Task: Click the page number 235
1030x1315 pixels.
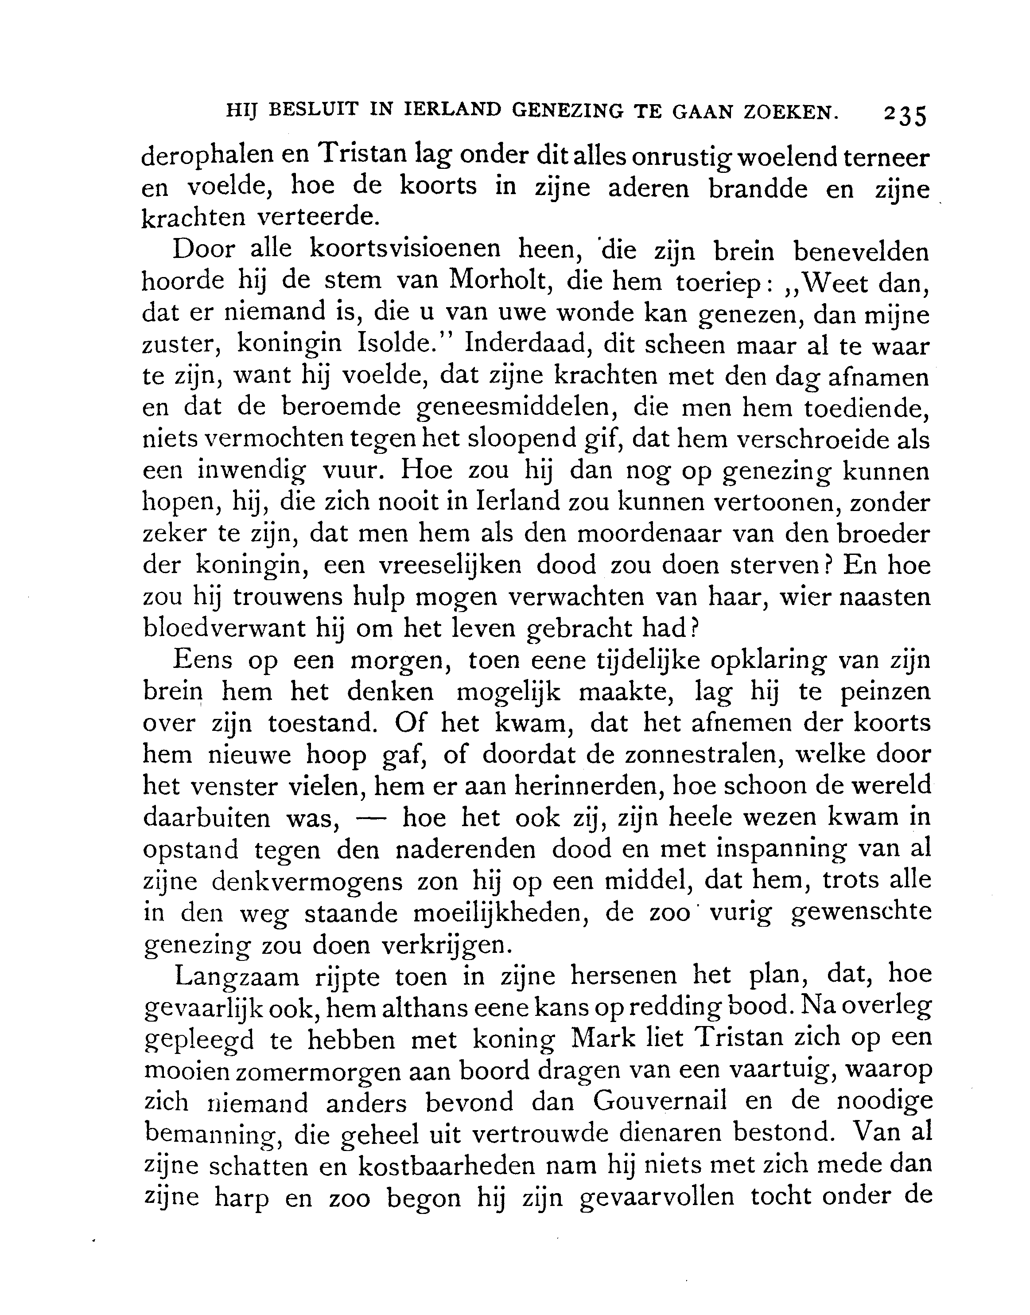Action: [x=904, y=115]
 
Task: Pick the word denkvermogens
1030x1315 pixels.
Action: [x=307, y=881]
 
